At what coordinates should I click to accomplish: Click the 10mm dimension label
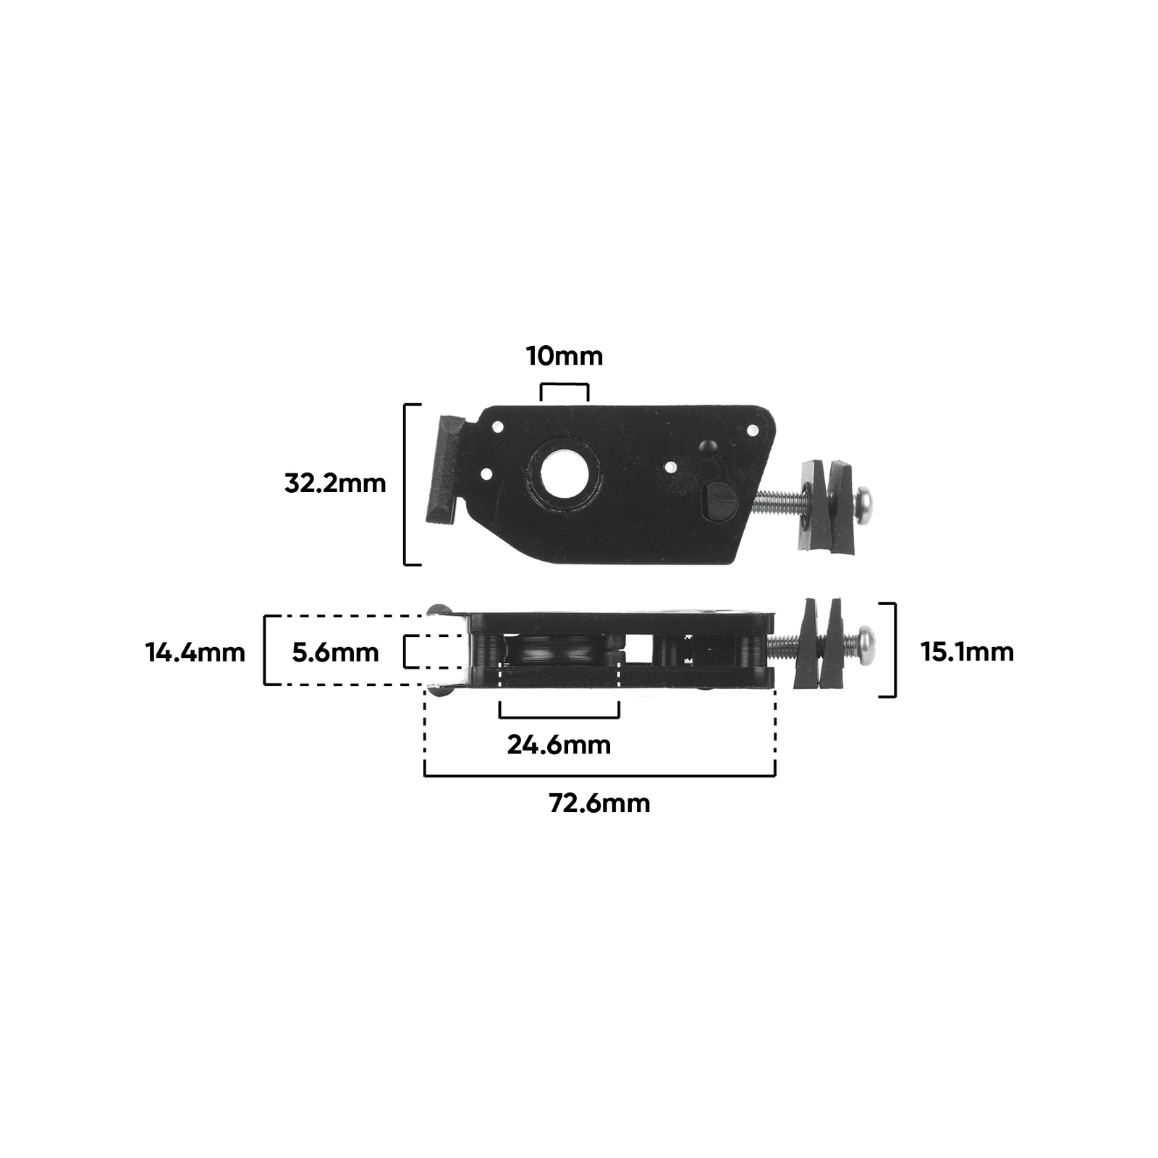[x=564, y=356]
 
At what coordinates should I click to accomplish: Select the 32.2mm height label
[x=335, y=483]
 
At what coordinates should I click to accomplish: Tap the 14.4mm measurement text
[x=195, y=653]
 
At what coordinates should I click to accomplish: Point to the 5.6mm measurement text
[x=335, y=653]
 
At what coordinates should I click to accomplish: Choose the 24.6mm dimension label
[x=559, y=745]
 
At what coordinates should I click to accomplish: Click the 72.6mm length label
[x=599, y=803]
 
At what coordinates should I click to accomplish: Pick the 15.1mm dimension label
[x=967, y=652]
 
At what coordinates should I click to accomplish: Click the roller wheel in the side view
[x=557, y=651]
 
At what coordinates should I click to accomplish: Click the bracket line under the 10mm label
[x=565, y=385]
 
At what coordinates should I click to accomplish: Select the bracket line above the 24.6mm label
[x=559, y=717]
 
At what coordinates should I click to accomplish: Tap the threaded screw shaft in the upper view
[x=778, y=501]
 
